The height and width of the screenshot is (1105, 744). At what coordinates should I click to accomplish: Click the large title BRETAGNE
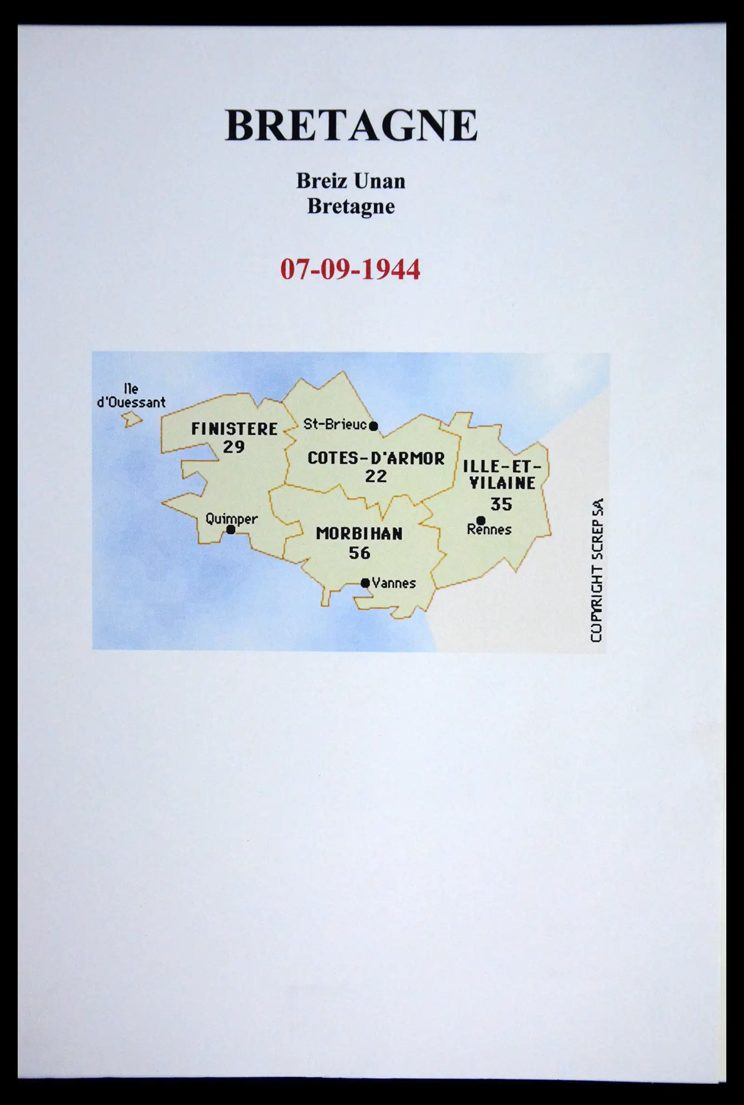(351, 125)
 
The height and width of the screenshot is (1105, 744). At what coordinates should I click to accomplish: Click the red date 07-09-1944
(350, 269)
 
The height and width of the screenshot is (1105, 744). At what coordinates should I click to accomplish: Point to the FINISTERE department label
(234, 429)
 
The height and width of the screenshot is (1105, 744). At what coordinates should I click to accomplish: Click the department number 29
(234, 447)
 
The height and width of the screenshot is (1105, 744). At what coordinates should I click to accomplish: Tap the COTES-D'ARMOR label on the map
(376, 459)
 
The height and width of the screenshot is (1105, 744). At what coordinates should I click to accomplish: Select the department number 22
(376, 476)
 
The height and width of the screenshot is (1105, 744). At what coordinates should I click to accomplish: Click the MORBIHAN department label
(359, 534)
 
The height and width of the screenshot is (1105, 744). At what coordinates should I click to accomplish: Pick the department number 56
(359, 553)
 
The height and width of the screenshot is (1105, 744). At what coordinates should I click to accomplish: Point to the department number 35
(501, 504)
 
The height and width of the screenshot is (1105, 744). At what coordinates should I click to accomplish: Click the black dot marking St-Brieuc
(373, 426)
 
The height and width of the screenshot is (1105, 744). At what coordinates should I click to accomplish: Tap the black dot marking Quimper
(231, 530)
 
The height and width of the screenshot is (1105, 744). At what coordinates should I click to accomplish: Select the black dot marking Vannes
(365, 583)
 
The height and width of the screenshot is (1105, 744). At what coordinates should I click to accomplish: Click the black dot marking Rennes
(481, 520)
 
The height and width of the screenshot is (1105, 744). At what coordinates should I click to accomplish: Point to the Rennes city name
(489, 530)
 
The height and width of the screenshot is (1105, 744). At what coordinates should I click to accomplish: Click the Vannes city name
(394, 583)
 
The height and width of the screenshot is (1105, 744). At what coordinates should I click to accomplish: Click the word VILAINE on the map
(502, 483)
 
